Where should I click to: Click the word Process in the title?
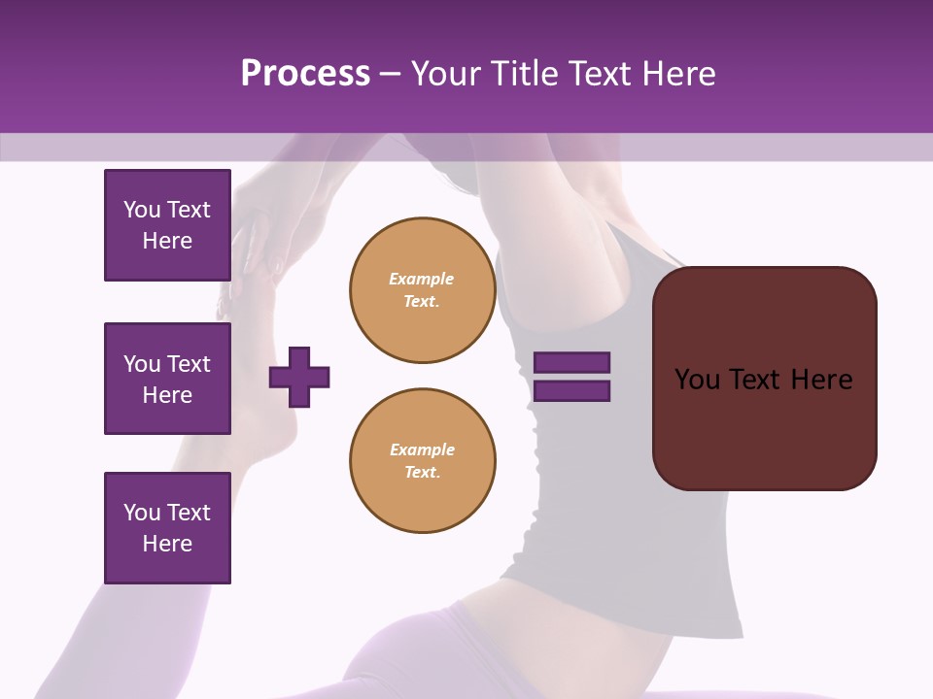[305, 74]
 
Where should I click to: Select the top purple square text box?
[167, 225]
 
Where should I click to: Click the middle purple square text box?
[167, 379]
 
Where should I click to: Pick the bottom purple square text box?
[167, 528]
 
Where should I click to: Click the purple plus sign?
[299, 377]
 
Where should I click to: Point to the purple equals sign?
[572, 377]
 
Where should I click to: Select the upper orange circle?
[423, 290]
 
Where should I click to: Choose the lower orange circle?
[423, 461]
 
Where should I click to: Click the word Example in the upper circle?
[422, 280]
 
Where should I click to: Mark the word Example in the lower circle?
[422, 450]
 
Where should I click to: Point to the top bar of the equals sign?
[572, 363]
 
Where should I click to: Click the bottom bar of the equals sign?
[572, 391]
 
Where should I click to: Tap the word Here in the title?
[677, 74]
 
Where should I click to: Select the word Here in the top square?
[167, 241]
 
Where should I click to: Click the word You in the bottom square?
[142, 513]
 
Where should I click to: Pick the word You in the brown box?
[697, 380]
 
